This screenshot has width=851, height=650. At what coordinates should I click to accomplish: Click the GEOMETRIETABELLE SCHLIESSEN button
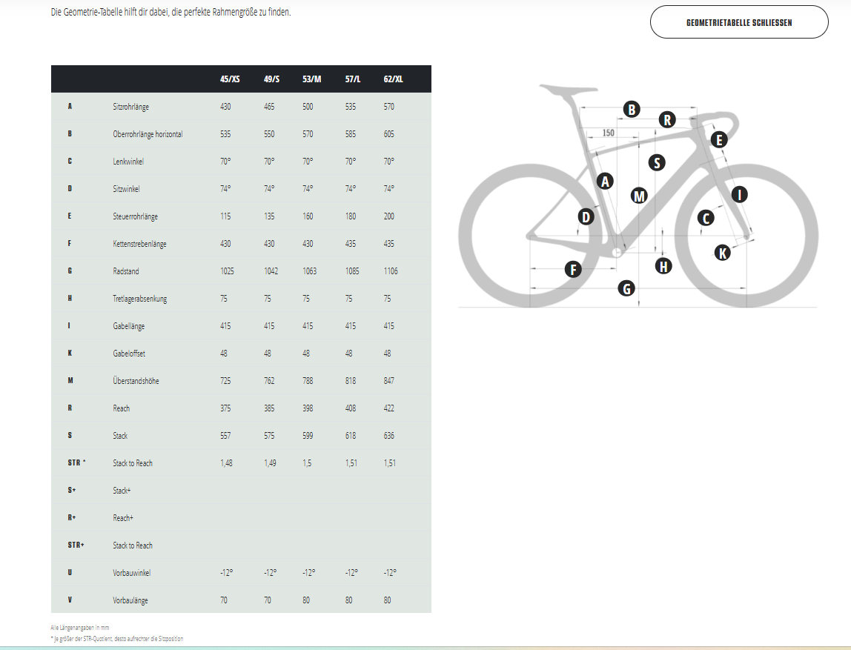[x=738, y=22]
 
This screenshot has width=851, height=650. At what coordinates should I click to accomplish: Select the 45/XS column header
[x=230, y=79]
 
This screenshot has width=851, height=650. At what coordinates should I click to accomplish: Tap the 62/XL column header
[x=393, y=79]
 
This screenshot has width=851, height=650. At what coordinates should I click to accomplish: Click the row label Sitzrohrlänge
[x=130, y=107]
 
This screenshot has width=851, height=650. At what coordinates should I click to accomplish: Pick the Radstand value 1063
[x=309, y=271]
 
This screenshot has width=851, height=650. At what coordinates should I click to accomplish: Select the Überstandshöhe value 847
[x=388, y=381]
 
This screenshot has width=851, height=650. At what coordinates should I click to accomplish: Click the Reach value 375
[x=225, y=408]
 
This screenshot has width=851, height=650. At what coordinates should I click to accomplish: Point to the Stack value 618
[x=351, y=436]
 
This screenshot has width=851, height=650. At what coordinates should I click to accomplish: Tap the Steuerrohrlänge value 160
[x=308, y=216]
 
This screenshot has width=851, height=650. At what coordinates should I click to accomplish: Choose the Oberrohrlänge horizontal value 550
[x=269, y=134]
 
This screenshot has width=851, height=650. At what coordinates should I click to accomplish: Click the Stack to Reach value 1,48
[x=226, y=463]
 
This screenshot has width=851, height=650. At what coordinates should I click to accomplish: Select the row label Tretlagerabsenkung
[x=140, y=299]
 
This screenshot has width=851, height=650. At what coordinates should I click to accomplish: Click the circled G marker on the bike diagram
[x=627, y=288]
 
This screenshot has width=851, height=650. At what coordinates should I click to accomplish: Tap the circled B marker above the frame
[x=631, y=110]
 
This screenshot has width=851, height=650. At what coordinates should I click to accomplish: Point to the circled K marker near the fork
[x=722, y=252]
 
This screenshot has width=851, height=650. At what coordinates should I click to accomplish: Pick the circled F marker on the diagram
[x=573, y=269]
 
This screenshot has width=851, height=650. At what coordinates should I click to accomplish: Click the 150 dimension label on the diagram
[x=609, y=133]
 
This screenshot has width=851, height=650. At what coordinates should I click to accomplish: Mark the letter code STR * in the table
[x=76, y=462]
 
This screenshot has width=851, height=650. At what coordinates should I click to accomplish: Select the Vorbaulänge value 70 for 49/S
[x=268, y=600]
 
